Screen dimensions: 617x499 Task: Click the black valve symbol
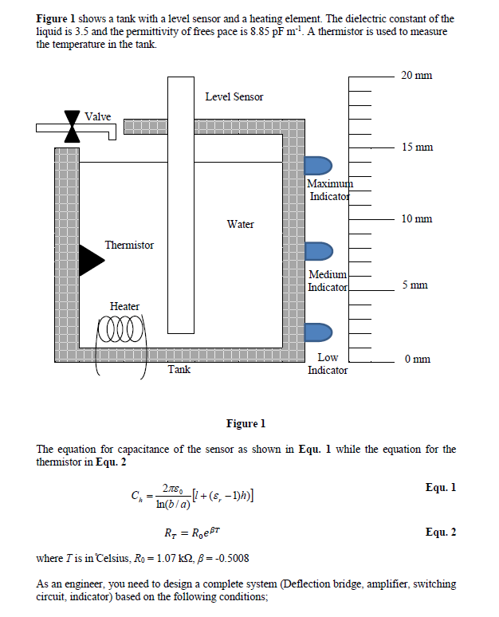(73, 127)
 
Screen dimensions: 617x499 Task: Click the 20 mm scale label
(417, 75)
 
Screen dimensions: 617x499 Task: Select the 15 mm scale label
(417, 147)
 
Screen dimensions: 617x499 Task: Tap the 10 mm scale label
(417, 218)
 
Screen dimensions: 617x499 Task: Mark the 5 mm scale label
(415, 285)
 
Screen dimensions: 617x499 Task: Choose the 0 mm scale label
(415, 359)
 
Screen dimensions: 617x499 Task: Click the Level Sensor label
(234, 96)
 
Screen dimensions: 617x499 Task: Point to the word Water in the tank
(240, 224)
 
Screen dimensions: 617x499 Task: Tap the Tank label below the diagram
(179, 369)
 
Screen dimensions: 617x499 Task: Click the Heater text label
(124, 306)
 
